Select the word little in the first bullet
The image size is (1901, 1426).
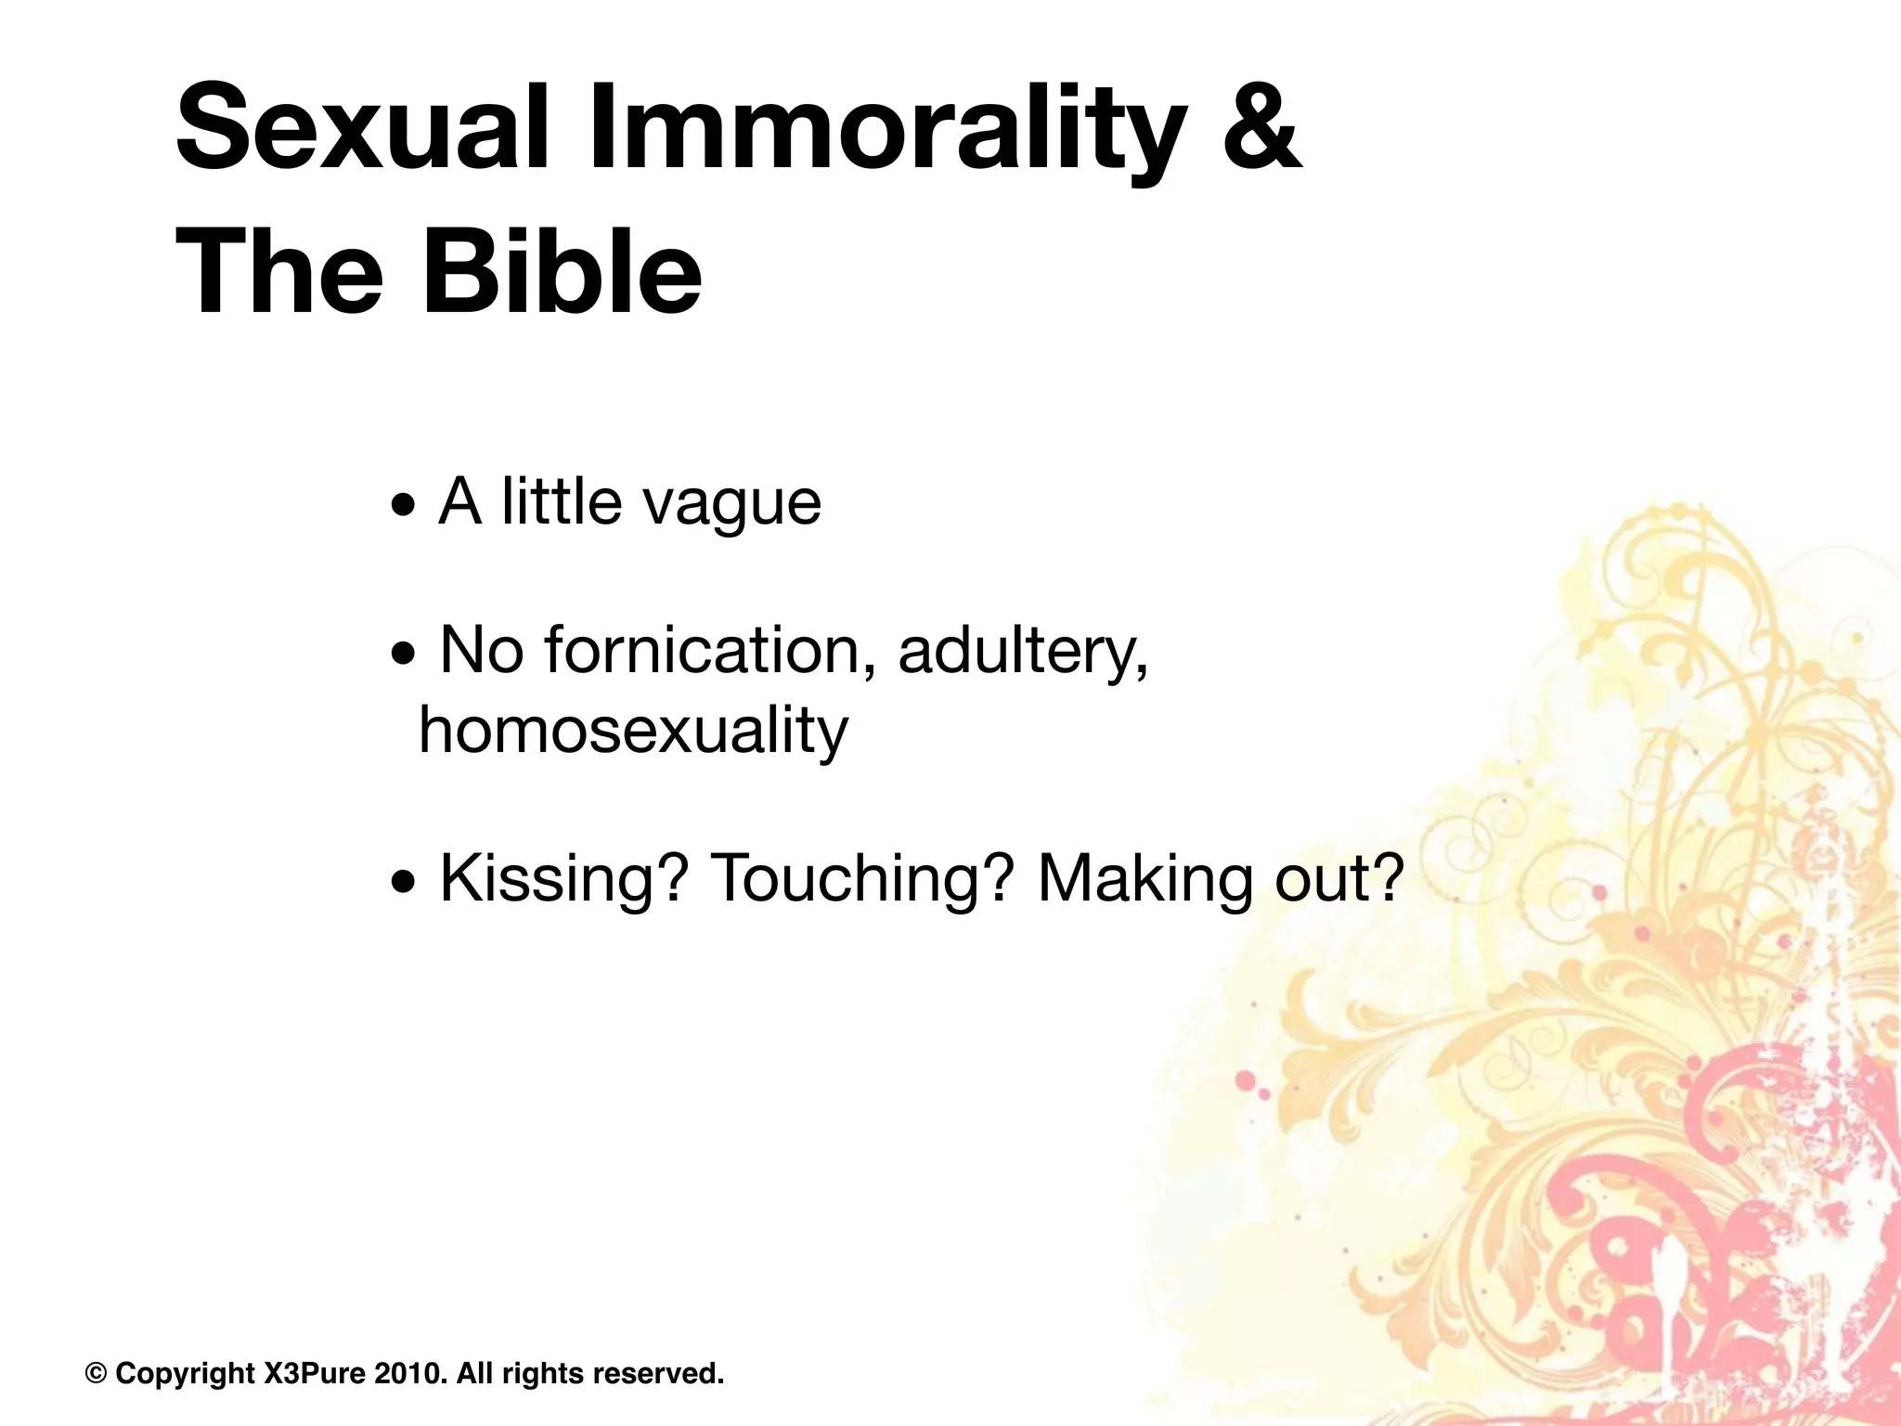click(561, 501)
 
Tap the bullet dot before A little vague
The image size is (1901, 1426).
click(404, 509)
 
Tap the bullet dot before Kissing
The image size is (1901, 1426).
click(404, 884)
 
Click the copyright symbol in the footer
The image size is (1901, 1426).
click(95, 1373)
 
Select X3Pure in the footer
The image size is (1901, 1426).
click(316, 1373)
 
